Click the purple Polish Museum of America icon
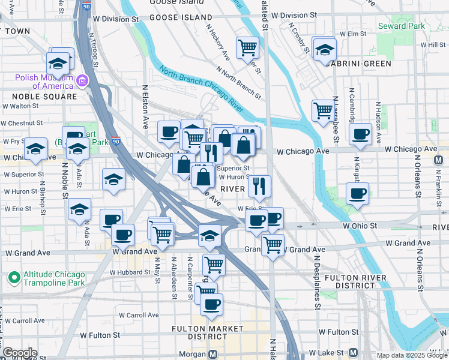83,80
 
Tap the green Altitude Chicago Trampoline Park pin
13,278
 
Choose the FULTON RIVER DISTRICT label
359,282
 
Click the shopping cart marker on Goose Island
247,47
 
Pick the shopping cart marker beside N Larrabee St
323,110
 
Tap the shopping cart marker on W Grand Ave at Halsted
273,244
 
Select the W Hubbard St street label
129,272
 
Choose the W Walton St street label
20,106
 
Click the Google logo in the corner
19,353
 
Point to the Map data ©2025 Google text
411,355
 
